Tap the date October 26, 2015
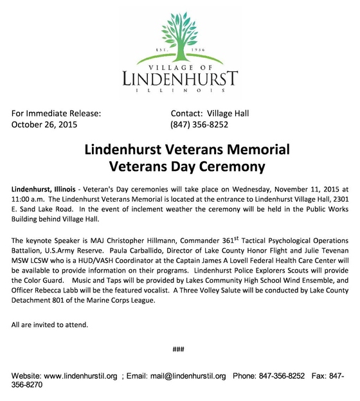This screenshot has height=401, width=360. click(44, 125)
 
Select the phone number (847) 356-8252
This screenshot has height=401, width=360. click(199, 125)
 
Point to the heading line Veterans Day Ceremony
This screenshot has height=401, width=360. click(186, 168)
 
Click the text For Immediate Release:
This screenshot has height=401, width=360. click(57, 114)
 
